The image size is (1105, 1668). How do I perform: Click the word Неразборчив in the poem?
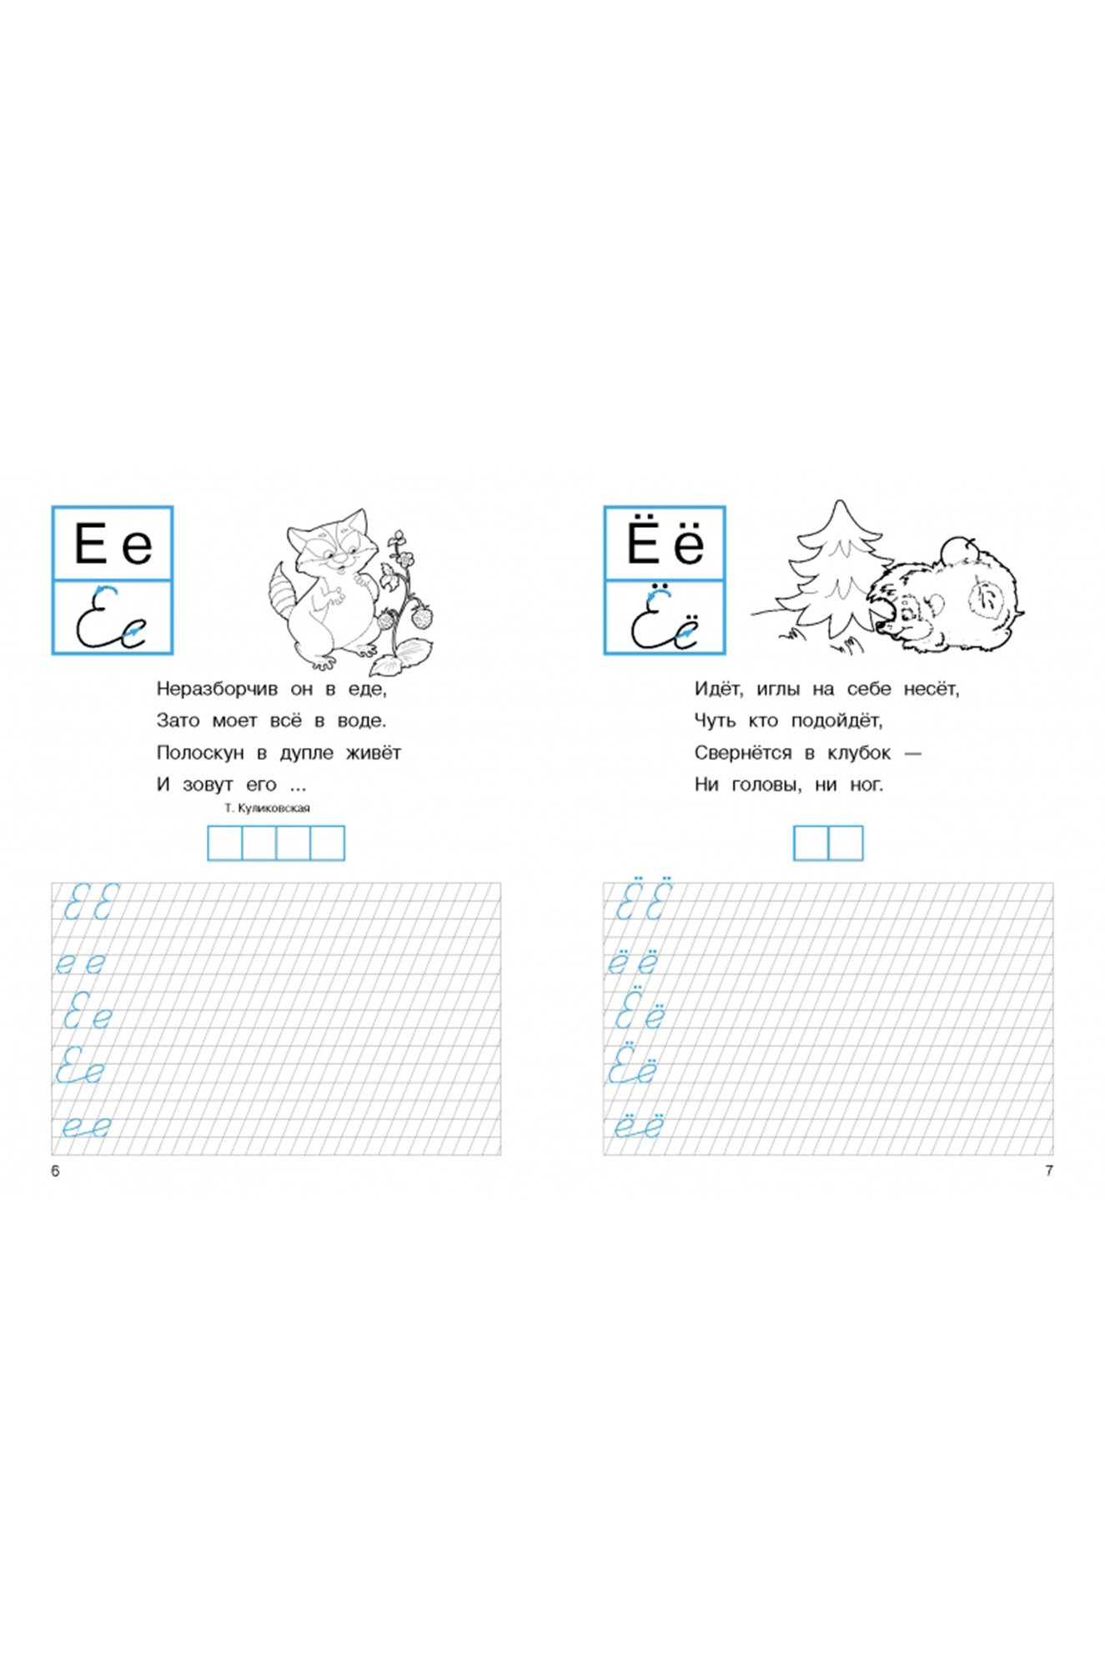pos(217,689)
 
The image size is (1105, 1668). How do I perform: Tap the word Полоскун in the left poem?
pos(200,752)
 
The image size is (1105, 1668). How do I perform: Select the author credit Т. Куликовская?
pos(267,808)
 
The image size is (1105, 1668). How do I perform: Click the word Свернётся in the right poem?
pos(743,752)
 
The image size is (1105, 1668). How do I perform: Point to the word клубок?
pos(859,752)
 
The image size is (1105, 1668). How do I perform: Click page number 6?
pos(55,1171)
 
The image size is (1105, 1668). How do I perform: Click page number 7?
pos(1049,1171)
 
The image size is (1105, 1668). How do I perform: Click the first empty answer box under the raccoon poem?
pos(224,842)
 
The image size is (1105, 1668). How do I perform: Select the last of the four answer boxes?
pos(327,842)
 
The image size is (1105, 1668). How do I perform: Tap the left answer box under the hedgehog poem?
pos(811,842)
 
